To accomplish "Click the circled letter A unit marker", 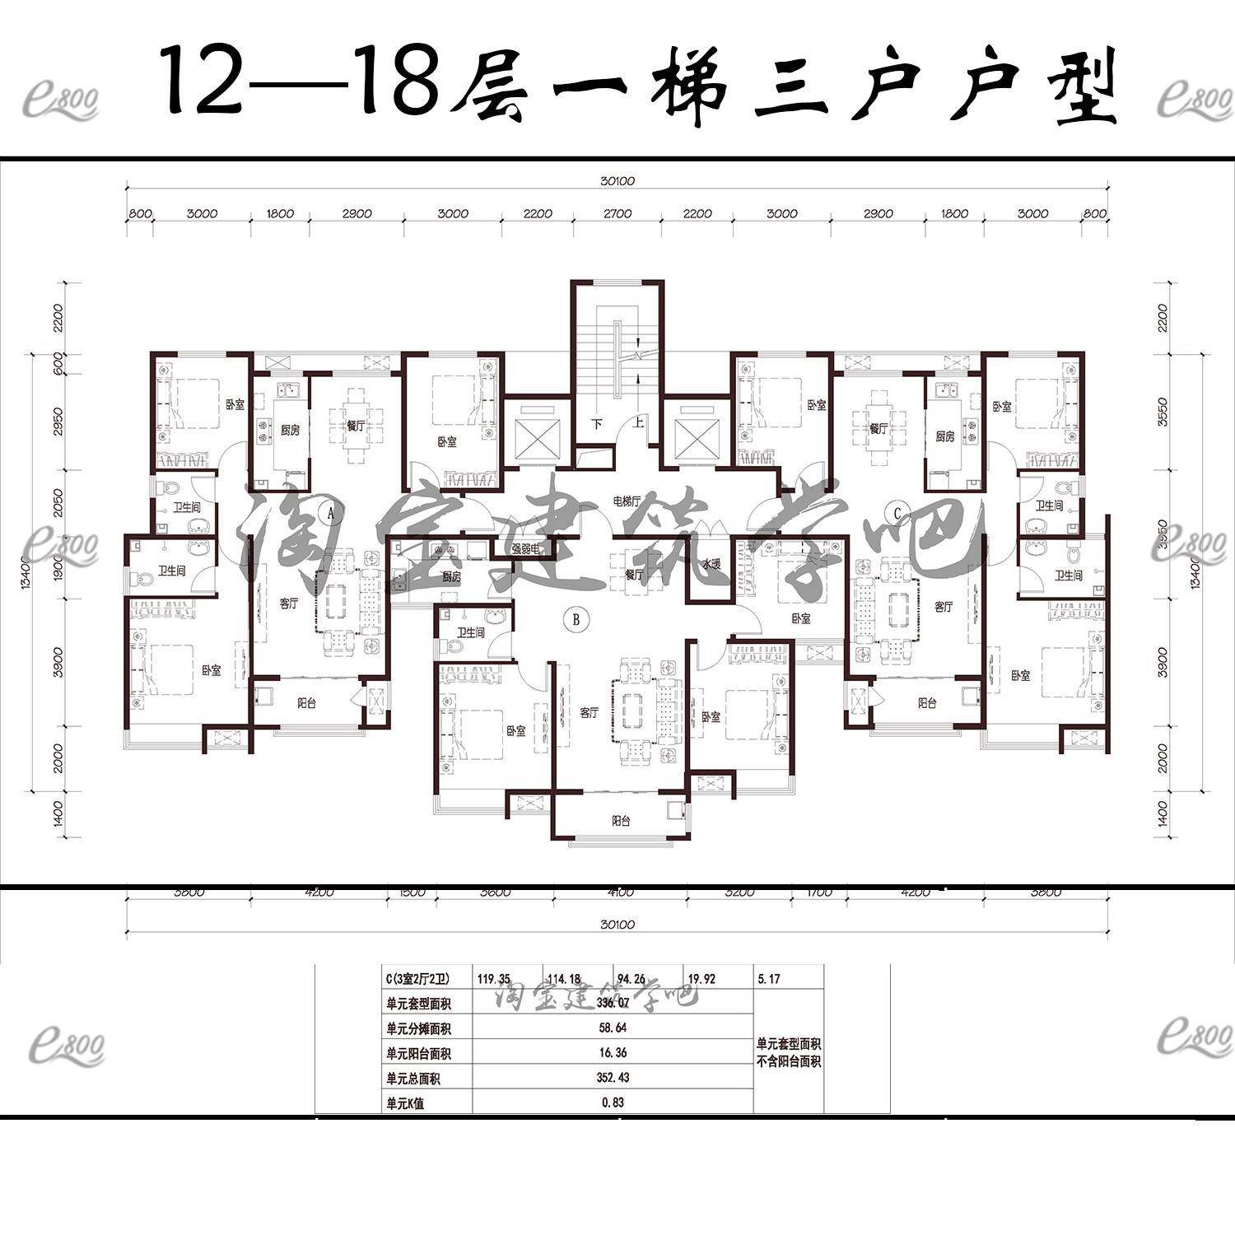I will [x=331, y=512].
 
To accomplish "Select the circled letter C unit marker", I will [x=898, y=512].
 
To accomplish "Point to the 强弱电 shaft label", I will [x=524, y=549].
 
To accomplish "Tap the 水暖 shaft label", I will [x=712, y=564].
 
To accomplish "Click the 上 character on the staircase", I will [x=637, y=424].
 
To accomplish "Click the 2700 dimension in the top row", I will [x=617, y=213].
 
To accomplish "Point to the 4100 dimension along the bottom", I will [x=621, y=892].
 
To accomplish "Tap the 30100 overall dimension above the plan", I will [x=618, y=181].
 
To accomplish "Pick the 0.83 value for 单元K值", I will [x=612, y=1102].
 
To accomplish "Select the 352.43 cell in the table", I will [x=612, y=1078].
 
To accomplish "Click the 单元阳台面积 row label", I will [x=418, y=1053].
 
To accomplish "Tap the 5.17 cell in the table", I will [x=767, y=979].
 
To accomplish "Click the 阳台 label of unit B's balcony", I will [x=621, y=821].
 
